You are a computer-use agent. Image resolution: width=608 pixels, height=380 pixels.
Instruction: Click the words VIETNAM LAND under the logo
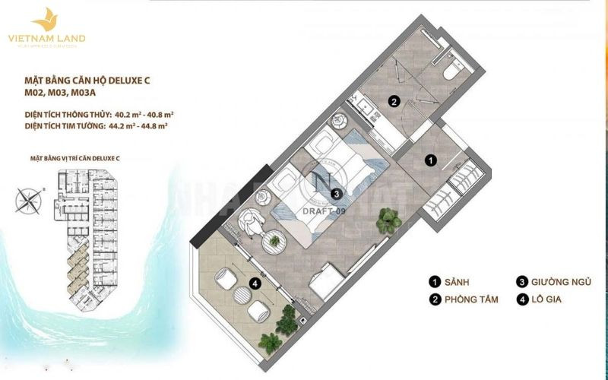46,38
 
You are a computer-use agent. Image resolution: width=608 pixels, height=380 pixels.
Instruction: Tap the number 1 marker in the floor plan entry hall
430,160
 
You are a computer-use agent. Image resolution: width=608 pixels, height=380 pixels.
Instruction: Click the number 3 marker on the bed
336,194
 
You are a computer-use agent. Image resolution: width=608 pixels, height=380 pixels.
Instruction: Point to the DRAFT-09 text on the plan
325,212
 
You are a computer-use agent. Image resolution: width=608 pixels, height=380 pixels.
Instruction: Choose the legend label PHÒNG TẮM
473,300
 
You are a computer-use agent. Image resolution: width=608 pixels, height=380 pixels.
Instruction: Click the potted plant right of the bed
388,220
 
